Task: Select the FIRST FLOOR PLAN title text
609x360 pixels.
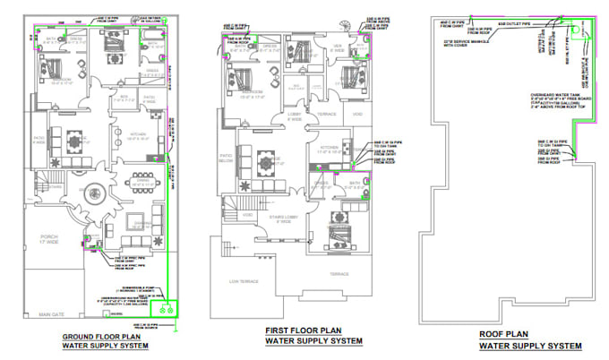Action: click(313, 330)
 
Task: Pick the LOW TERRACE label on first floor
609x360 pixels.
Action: click(244, 281)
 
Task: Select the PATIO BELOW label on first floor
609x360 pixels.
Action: click(226, 159)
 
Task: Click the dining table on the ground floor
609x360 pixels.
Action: click(141, 176)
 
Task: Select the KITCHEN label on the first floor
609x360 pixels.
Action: click(329, 150)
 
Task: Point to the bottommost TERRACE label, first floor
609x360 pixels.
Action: click(339, 273)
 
